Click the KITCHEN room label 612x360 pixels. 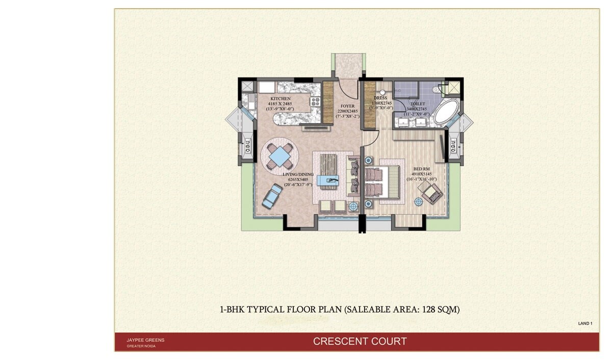tap(280, 98)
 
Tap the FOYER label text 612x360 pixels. tap(347, 106)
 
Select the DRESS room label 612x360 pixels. tap(380, 98)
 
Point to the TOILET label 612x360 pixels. tap(418, 104)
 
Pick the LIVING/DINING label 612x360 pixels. tap(298, 174)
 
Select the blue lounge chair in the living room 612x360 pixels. tap(272, 196)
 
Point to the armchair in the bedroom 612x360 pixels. tap(431, 193)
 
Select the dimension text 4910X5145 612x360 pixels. tap(419, 174)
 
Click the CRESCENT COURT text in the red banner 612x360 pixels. tap(360, 341)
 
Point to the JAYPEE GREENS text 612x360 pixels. tap(145, 340)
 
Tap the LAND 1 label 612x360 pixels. tap(585, 323)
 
